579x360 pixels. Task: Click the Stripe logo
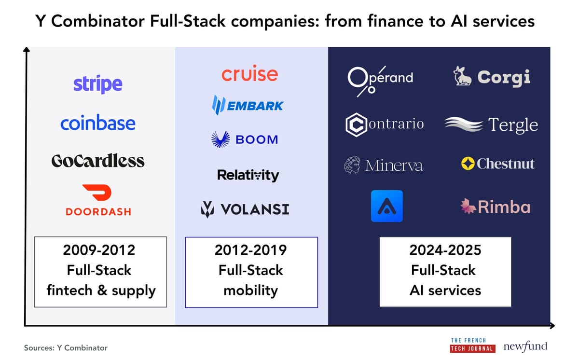click(98, 84)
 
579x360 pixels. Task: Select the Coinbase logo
click(98, 123)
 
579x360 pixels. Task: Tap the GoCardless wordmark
click(98, 161)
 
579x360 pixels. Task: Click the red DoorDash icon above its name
click(97, 193)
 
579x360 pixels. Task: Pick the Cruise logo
click(249, 74)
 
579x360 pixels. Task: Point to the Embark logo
click(248, 105)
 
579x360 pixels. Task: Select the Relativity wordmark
click(248, 175)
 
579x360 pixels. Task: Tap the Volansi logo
click(245, 209)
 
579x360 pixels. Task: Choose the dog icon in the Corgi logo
click(462, 77)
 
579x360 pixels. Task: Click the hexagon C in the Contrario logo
click(356, 125)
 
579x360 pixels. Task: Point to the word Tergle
click(513, 125)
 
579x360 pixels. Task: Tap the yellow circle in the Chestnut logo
click(468, 164)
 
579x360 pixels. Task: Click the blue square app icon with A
click(386, 206)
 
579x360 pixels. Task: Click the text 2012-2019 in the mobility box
click(251, 250)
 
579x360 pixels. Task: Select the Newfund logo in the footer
click(525, 346)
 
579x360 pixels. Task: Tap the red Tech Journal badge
click(472, 349)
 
